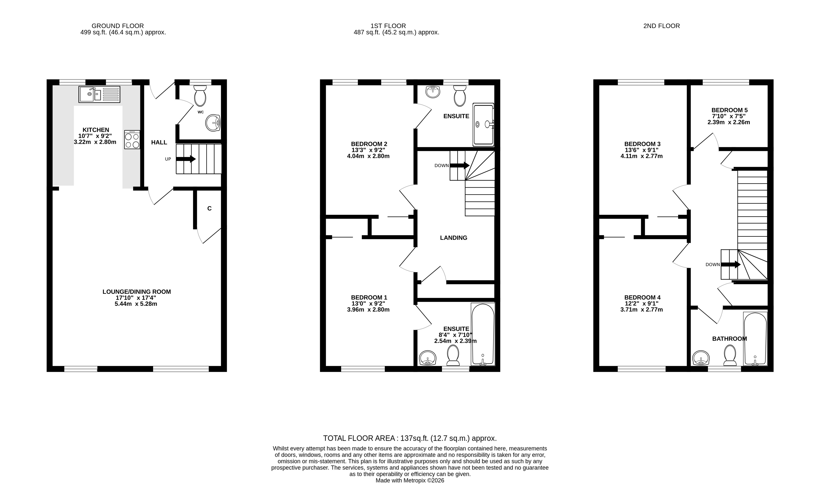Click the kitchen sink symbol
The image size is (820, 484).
click(99, 94)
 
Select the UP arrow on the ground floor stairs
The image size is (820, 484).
click(186, 159)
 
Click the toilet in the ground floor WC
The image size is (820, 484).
click(200, 96)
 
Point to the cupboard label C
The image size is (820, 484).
click(209, 208)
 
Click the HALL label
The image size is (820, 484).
click(159, 143)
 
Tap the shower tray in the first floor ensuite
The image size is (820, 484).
click(483, 125)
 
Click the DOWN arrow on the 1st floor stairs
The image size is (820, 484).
click(459, 166)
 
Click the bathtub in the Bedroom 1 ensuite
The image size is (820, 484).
click(483, 334)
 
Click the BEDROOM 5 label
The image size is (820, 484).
click(729, 110)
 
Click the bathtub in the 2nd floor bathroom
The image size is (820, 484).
click(755, 339)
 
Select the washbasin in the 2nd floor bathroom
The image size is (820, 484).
click(701, 358)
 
